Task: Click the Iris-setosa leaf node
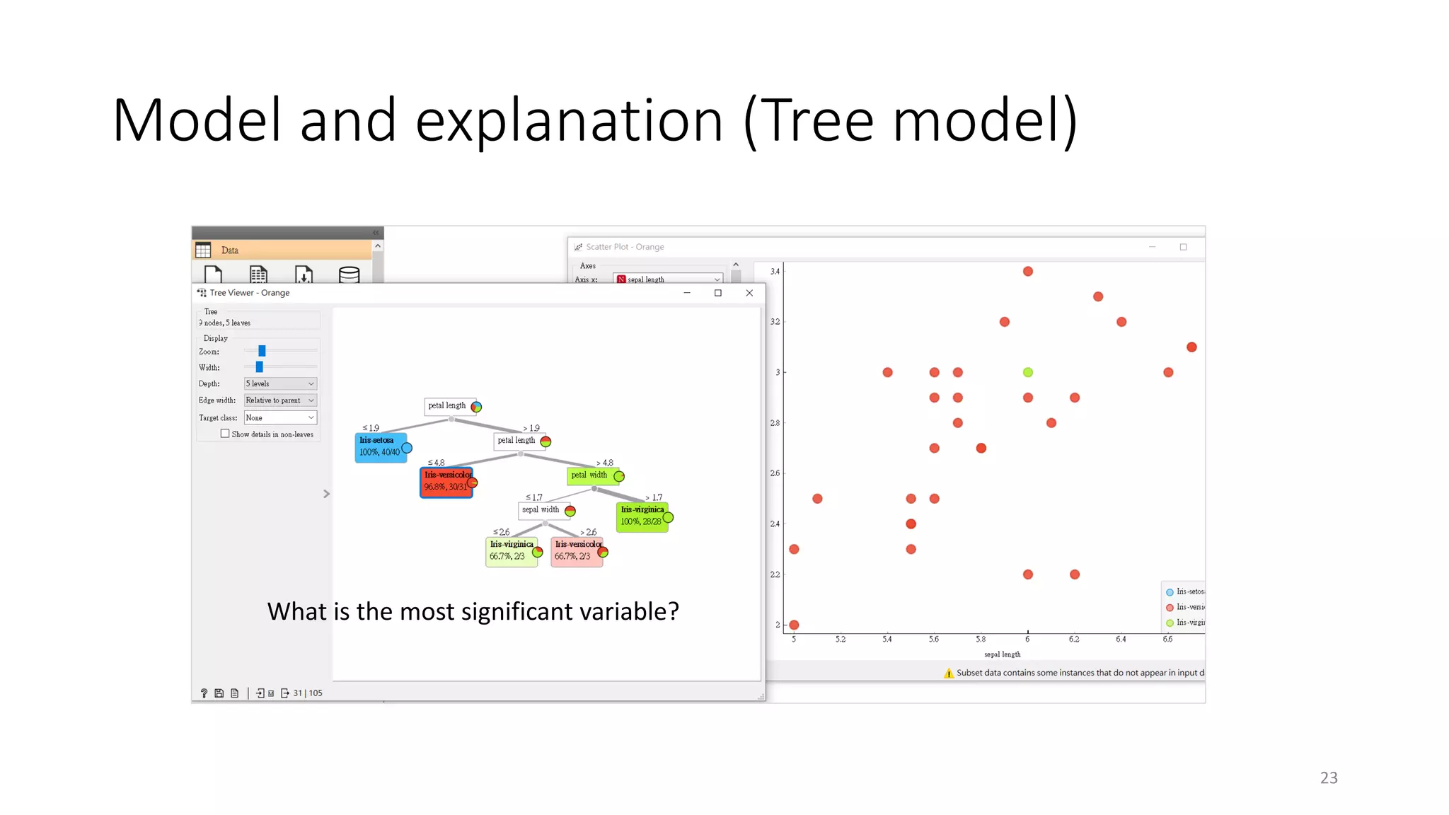(381, 447)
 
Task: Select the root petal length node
(447, 405)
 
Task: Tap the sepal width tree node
(541, 509)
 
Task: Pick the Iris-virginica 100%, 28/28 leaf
(642, 516)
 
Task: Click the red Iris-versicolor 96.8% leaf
(446, 482)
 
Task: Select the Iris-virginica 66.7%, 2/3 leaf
(511, 551)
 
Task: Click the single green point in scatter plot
(1028, 372)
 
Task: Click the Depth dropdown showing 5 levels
(280, 383)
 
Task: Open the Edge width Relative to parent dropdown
(280, 400)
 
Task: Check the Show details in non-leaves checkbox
(225, 434)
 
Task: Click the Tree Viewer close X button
(749, 293)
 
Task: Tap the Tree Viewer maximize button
(718, 293)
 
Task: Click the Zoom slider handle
(262, 351)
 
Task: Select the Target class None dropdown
(280, 418)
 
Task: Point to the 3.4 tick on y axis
(775, 272)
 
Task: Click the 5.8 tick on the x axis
(981, 639)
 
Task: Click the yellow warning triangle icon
(949, 673)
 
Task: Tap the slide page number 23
(1329, 778)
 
